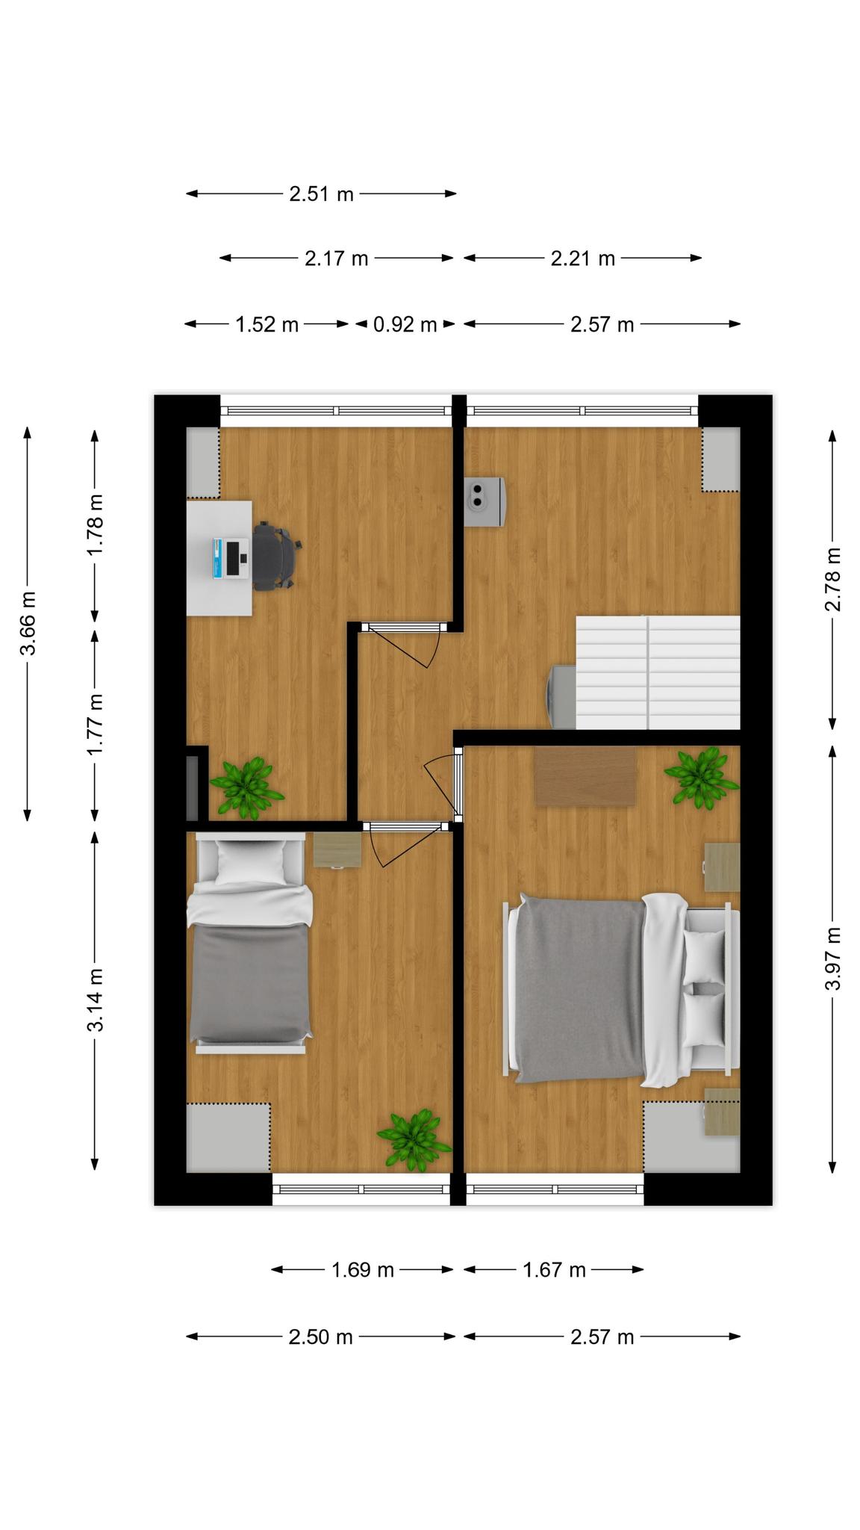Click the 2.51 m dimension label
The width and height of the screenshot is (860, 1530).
[321, 194]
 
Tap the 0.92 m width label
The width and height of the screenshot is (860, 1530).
[405, 324]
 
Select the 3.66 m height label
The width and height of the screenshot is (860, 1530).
[28, 623]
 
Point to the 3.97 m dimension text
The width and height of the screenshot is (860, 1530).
[832, 958]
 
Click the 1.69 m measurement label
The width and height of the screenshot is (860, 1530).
[363, 1269]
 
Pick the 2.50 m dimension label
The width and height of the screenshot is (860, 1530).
[320, 1337]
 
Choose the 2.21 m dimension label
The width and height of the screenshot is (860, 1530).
[583, 258]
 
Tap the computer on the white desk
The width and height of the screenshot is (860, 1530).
[231, 557]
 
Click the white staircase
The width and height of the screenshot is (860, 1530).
[657, 672]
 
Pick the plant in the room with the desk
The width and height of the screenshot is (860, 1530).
[246, 788]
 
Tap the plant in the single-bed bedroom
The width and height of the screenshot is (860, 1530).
[414, 1140]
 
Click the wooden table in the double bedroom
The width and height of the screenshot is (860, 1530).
[585, 776]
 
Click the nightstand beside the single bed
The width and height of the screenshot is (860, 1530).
[337, 850]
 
